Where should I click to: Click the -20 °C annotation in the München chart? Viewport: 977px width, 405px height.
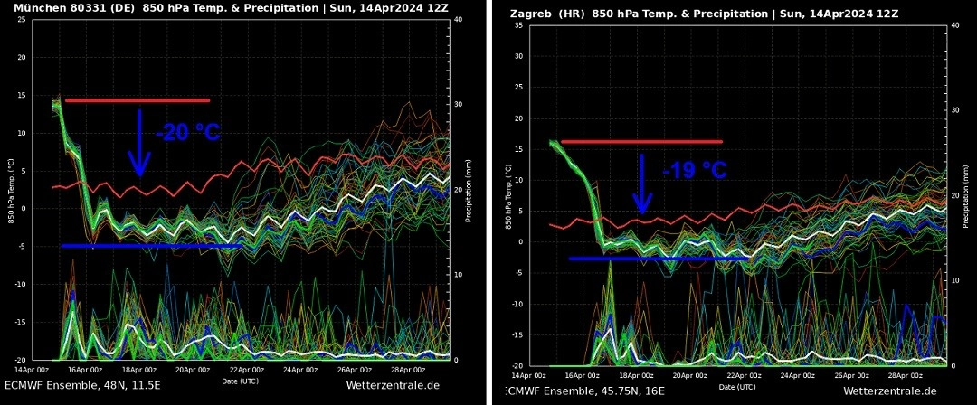pos(188,133)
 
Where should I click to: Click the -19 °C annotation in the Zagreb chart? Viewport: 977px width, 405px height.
pos(695,170)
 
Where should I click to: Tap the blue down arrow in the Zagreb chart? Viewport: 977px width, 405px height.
pos(641,184)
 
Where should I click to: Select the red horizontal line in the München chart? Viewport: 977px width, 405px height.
pos(138,100)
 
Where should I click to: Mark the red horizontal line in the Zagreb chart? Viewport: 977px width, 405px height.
pos(641,141)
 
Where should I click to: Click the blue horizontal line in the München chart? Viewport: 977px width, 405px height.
pos(151,246)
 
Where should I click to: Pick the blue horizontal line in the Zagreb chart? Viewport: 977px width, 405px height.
pos(659,259)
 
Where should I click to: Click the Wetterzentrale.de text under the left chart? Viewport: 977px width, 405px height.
pos(393,386)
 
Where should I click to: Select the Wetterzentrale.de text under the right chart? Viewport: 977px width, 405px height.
pos(890,391)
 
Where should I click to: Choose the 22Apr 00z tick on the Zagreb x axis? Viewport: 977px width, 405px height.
pos(744,374)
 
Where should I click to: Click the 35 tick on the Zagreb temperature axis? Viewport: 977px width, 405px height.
pos(518,24)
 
